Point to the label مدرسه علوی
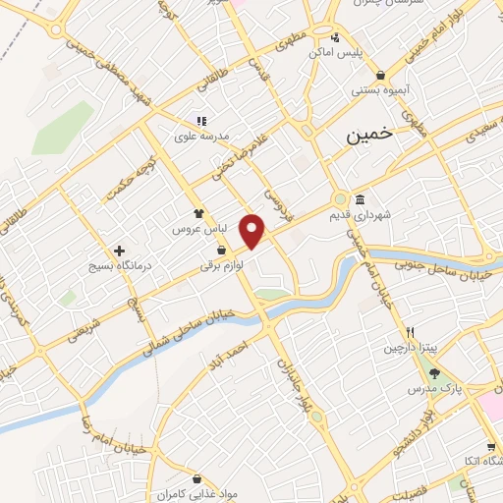click(x=200, y=136)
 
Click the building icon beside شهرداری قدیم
click(x=361, y=198)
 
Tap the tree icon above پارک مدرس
click(x=433, y=373)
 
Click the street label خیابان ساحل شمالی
click(x=188, y=329)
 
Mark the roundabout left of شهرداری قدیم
click(x=340, y=197)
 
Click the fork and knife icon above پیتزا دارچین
click(x=410, y=332)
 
